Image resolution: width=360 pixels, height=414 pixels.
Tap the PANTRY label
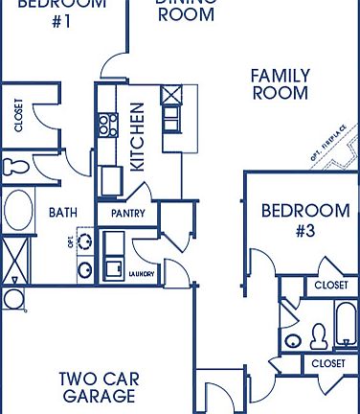tap(128, 213)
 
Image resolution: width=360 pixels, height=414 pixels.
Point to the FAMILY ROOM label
tap(280, 84)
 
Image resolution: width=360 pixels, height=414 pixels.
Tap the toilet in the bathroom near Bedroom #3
tap(319, 335)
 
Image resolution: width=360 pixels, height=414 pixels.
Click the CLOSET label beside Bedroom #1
tap(19, 114)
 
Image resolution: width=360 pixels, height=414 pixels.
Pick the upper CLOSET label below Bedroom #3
tap(331, 286)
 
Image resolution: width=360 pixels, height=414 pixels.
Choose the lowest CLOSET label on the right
tap(329, 364)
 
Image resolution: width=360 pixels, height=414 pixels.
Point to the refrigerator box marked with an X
tap(173, 95)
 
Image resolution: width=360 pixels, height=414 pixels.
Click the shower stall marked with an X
tap(13, 257)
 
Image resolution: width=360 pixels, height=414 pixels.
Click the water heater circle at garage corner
tap(14, 299)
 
